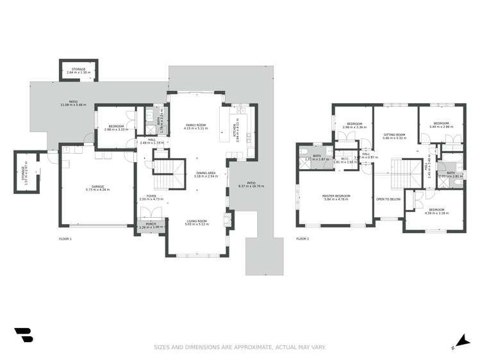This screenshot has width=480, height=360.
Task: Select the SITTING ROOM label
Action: (395, 135)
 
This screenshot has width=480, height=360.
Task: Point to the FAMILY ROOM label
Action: (195, 125)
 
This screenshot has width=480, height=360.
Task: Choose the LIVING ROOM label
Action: (197, 221)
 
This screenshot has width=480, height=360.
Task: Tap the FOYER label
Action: (151, 196)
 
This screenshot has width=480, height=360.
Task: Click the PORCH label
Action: (151, 224)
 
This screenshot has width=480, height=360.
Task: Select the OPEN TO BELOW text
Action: (388, 199)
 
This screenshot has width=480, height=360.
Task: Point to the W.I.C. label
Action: (344, 159)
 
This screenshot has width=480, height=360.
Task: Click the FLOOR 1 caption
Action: (65, 239)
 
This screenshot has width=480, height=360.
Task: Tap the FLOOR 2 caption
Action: (302, 239)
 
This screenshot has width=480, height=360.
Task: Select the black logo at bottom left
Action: (24, 336)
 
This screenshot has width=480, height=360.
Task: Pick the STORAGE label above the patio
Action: (78, 69)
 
